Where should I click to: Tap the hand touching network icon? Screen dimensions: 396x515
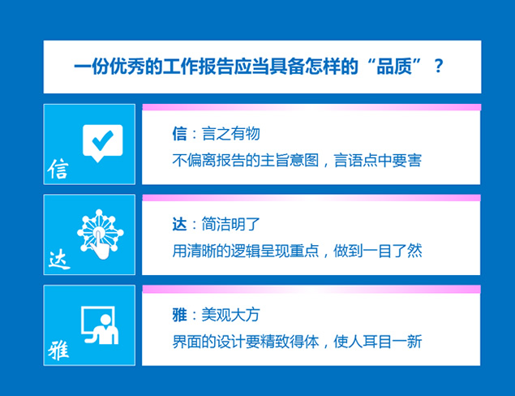coord(100,233)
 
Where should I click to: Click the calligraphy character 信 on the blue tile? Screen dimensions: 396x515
coord(58,169)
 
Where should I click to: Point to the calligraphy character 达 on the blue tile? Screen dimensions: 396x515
coord(59,260)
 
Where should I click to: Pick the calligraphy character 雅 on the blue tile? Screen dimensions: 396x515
coord(59,351)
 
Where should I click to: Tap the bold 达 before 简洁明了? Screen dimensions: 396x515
coord(179,225)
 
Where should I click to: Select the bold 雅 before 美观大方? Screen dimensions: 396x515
coord(179,315)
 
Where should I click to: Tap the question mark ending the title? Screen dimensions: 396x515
coord(439,67)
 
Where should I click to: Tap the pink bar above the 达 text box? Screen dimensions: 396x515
coord(311,198)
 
